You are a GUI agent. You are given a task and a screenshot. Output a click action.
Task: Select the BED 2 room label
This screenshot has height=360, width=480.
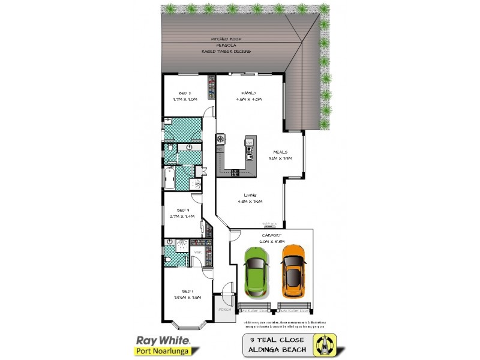pos(185,93)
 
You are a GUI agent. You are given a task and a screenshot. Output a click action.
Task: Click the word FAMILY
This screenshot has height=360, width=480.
pos(248,93)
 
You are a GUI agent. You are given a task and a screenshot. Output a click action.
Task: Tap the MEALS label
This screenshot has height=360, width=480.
pos(280,152)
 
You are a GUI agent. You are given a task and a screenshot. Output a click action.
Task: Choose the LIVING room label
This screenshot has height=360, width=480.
pos(250,195)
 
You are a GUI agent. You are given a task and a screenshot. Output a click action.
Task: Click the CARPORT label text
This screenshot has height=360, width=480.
pos(271,235)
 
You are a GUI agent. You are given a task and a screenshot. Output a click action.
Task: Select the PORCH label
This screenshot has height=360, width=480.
pos(224,310)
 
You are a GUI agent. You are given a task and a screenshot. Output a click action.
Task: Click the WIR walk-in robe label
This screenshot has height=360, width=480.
pos(197,253)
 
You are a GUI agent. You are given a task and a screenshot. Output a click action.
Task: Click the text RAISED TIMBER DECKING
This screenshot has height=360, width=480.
pos(227,52)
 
